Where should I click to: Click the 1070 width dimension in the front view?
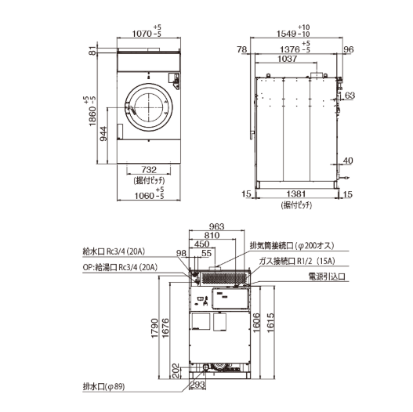(142, 34)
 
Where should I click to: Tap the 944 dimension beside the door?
(103, 134)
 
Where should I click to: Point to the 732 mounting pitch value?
(149, 169)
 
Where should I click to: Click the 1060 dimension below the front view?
(144, 196)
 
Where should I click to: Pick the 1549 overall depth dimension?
(286, 34)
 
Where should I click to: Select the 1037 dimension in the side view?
(288, 59)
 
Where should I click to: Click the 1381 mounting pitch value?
(296, 194)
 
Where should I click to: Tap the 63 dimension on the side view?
(350, 96)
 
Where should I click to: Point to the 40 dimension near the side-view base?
(348, 161)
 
